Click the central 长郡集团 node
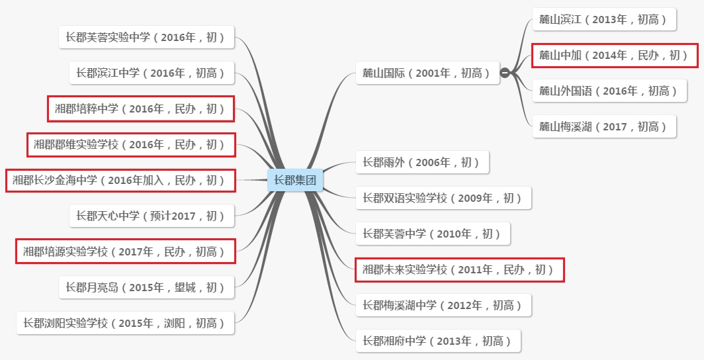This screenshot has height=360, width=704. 295,180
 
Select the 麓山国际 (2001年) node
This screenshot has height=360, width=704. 427,73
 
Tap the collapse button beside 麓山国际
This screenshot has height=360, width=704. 505,73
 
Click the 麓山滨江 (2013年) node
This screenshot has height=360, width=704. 604,19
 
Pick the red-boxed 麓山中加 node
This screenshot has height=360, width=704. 615,55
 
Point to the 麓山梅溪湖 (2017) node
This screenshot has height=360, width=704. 604,126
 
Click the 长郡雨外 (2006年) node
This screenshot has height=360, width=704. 422,162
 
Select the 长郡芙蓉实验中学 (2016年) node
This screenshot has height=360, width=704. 146,37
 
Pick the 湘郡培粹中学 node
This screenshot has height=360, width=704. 141,109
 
